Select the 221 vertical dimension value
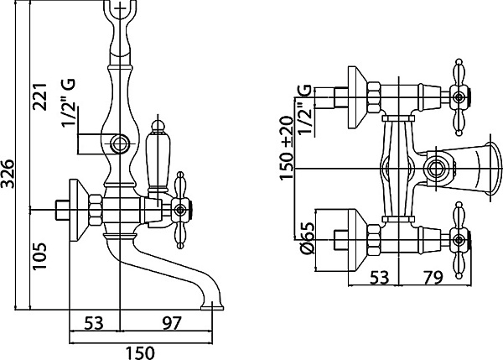click(40, 97)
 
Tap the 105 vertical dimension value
click(40, 256)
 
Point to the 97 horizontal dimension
click(172, 323)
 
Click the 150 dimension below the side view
click(140, 352)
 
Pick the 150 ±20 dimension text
click(287, 148)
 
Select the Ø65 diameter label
click(307, 238)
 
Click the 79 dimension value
click(433, 277)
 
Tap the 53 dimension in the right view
click(380, 277)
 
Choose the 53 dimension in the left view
click(94, 323)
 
